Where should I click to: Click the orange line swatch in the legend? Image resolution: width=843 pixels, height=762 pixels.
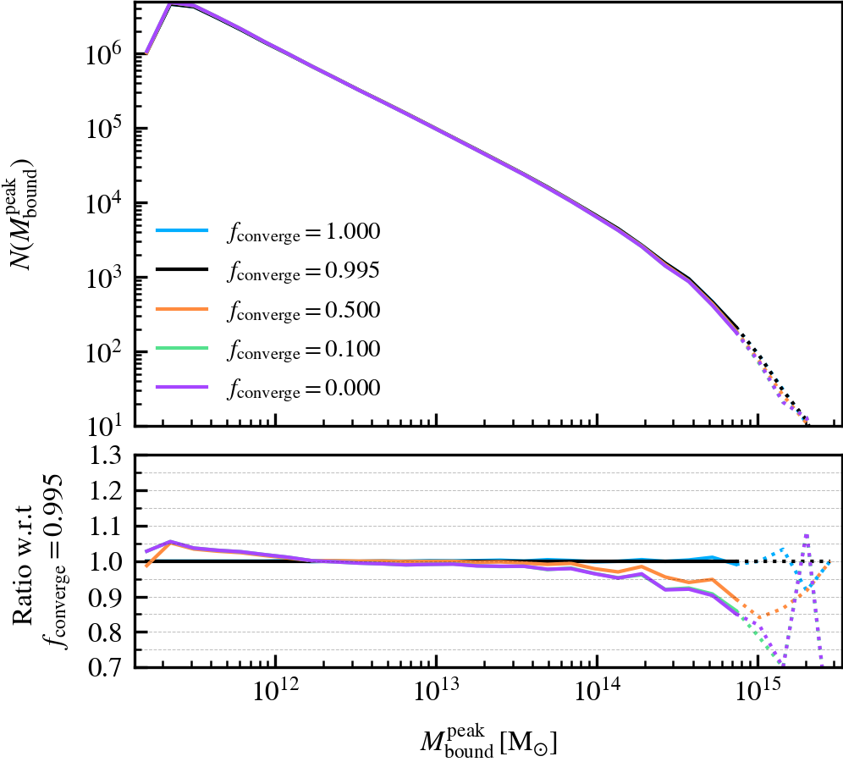tap(181, 311)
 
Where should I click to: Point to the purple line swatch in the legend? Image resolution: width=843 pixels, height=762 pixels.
tap(181, 389)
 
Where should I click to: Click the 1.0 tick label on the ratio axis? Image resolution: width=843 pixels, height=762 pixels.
tap(109, 562)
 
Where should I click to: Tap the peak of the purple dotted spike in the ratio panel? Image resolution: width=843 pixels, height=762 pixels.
tap(807, 534)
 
